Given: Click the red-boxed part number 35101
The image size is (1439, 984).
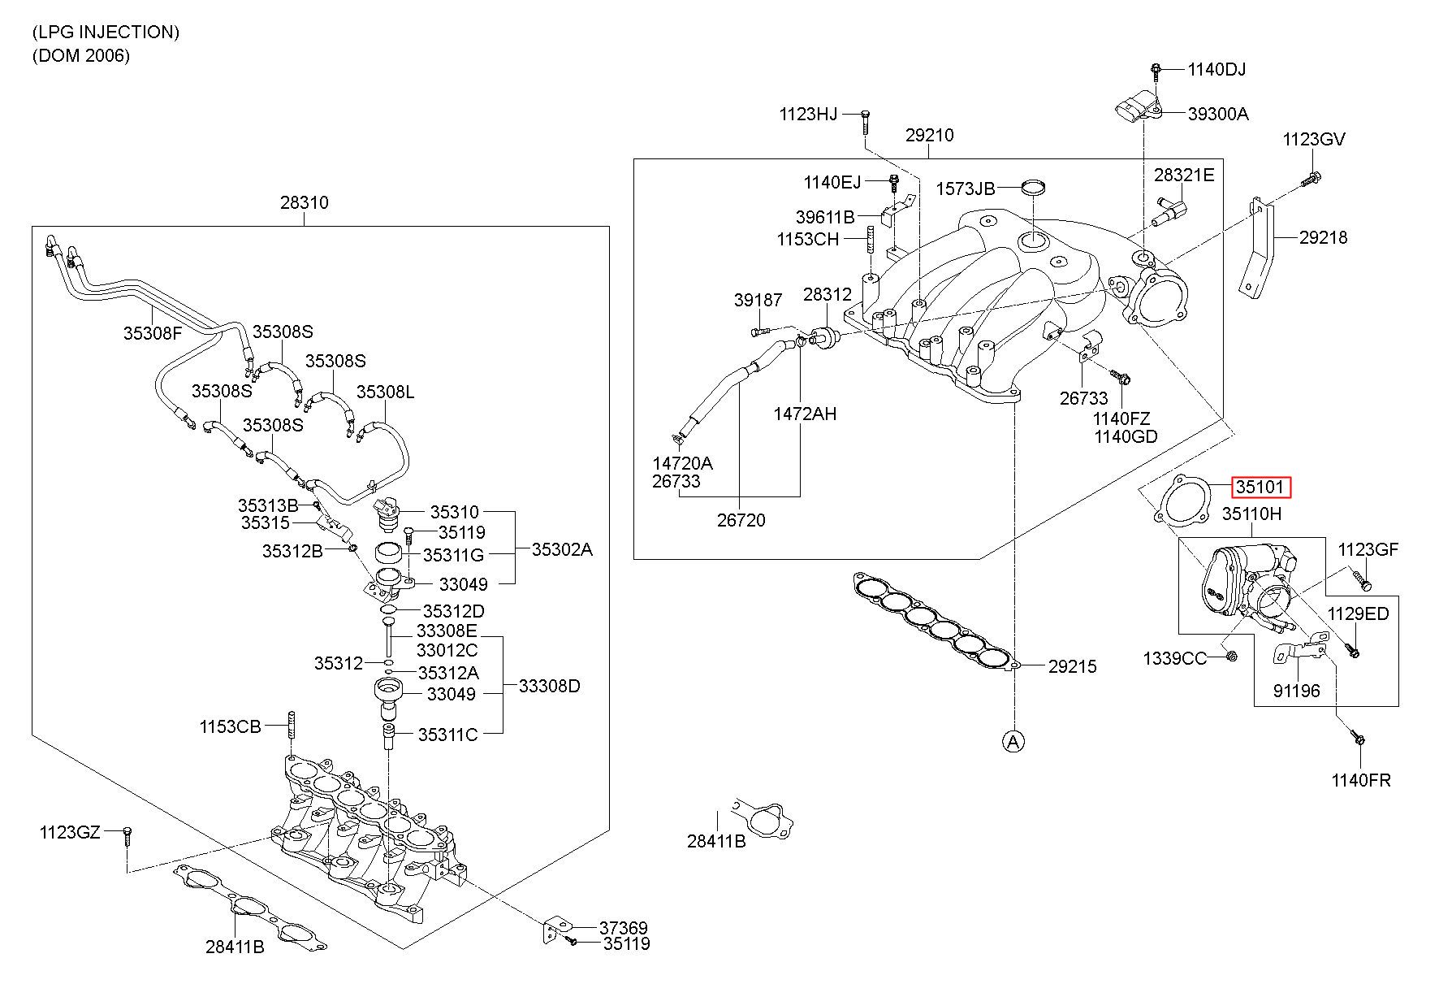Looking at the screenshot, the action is coord(1261,488).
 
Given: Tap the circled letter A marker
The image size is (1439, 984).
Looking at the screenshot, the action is coord(1013,741).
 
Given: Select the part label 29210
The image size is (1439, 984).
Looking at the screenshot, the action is coord(930,136).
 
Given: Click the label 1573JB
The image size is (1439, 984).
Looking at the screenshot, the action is coord(966,189).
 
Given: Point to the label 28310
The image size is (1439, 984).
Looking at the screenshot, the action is coord(305,202).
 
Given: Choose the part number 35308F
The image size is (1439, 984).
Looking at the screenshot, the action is coord(153,332).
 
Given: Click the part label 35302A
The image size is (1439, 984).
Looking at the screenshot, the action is coord(562,549).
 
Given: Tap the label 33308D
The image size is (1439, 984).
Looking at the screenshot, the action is coord(550,686).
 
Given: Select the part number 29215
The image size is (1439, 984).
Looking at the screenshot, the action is coord(1072,666).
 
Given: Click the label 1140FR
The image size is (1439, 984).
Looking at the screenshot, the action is coord(1361,780).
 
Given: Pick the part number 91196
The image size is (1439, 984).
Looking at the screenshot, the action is coord(1297,691).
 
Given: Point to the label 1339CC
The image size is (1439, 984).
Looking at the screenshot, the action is coord(1175,658).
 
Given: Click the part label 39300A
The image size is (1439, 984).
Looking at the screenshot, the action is coord(1218,114).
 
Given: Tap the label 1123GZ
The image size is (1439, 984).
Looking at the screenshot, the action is coord(70,832).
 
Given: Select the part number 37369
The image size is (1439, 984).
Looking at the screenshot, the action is coord(624,928).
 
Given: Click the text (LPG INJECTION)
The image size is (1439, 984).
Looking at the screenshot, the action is coord(106,33).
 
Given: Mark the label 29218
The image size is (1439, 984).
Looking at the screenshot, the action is coord(1323,237).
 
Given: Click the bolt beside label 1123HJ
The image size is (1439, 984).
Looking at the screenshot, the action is coord(865,123).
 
